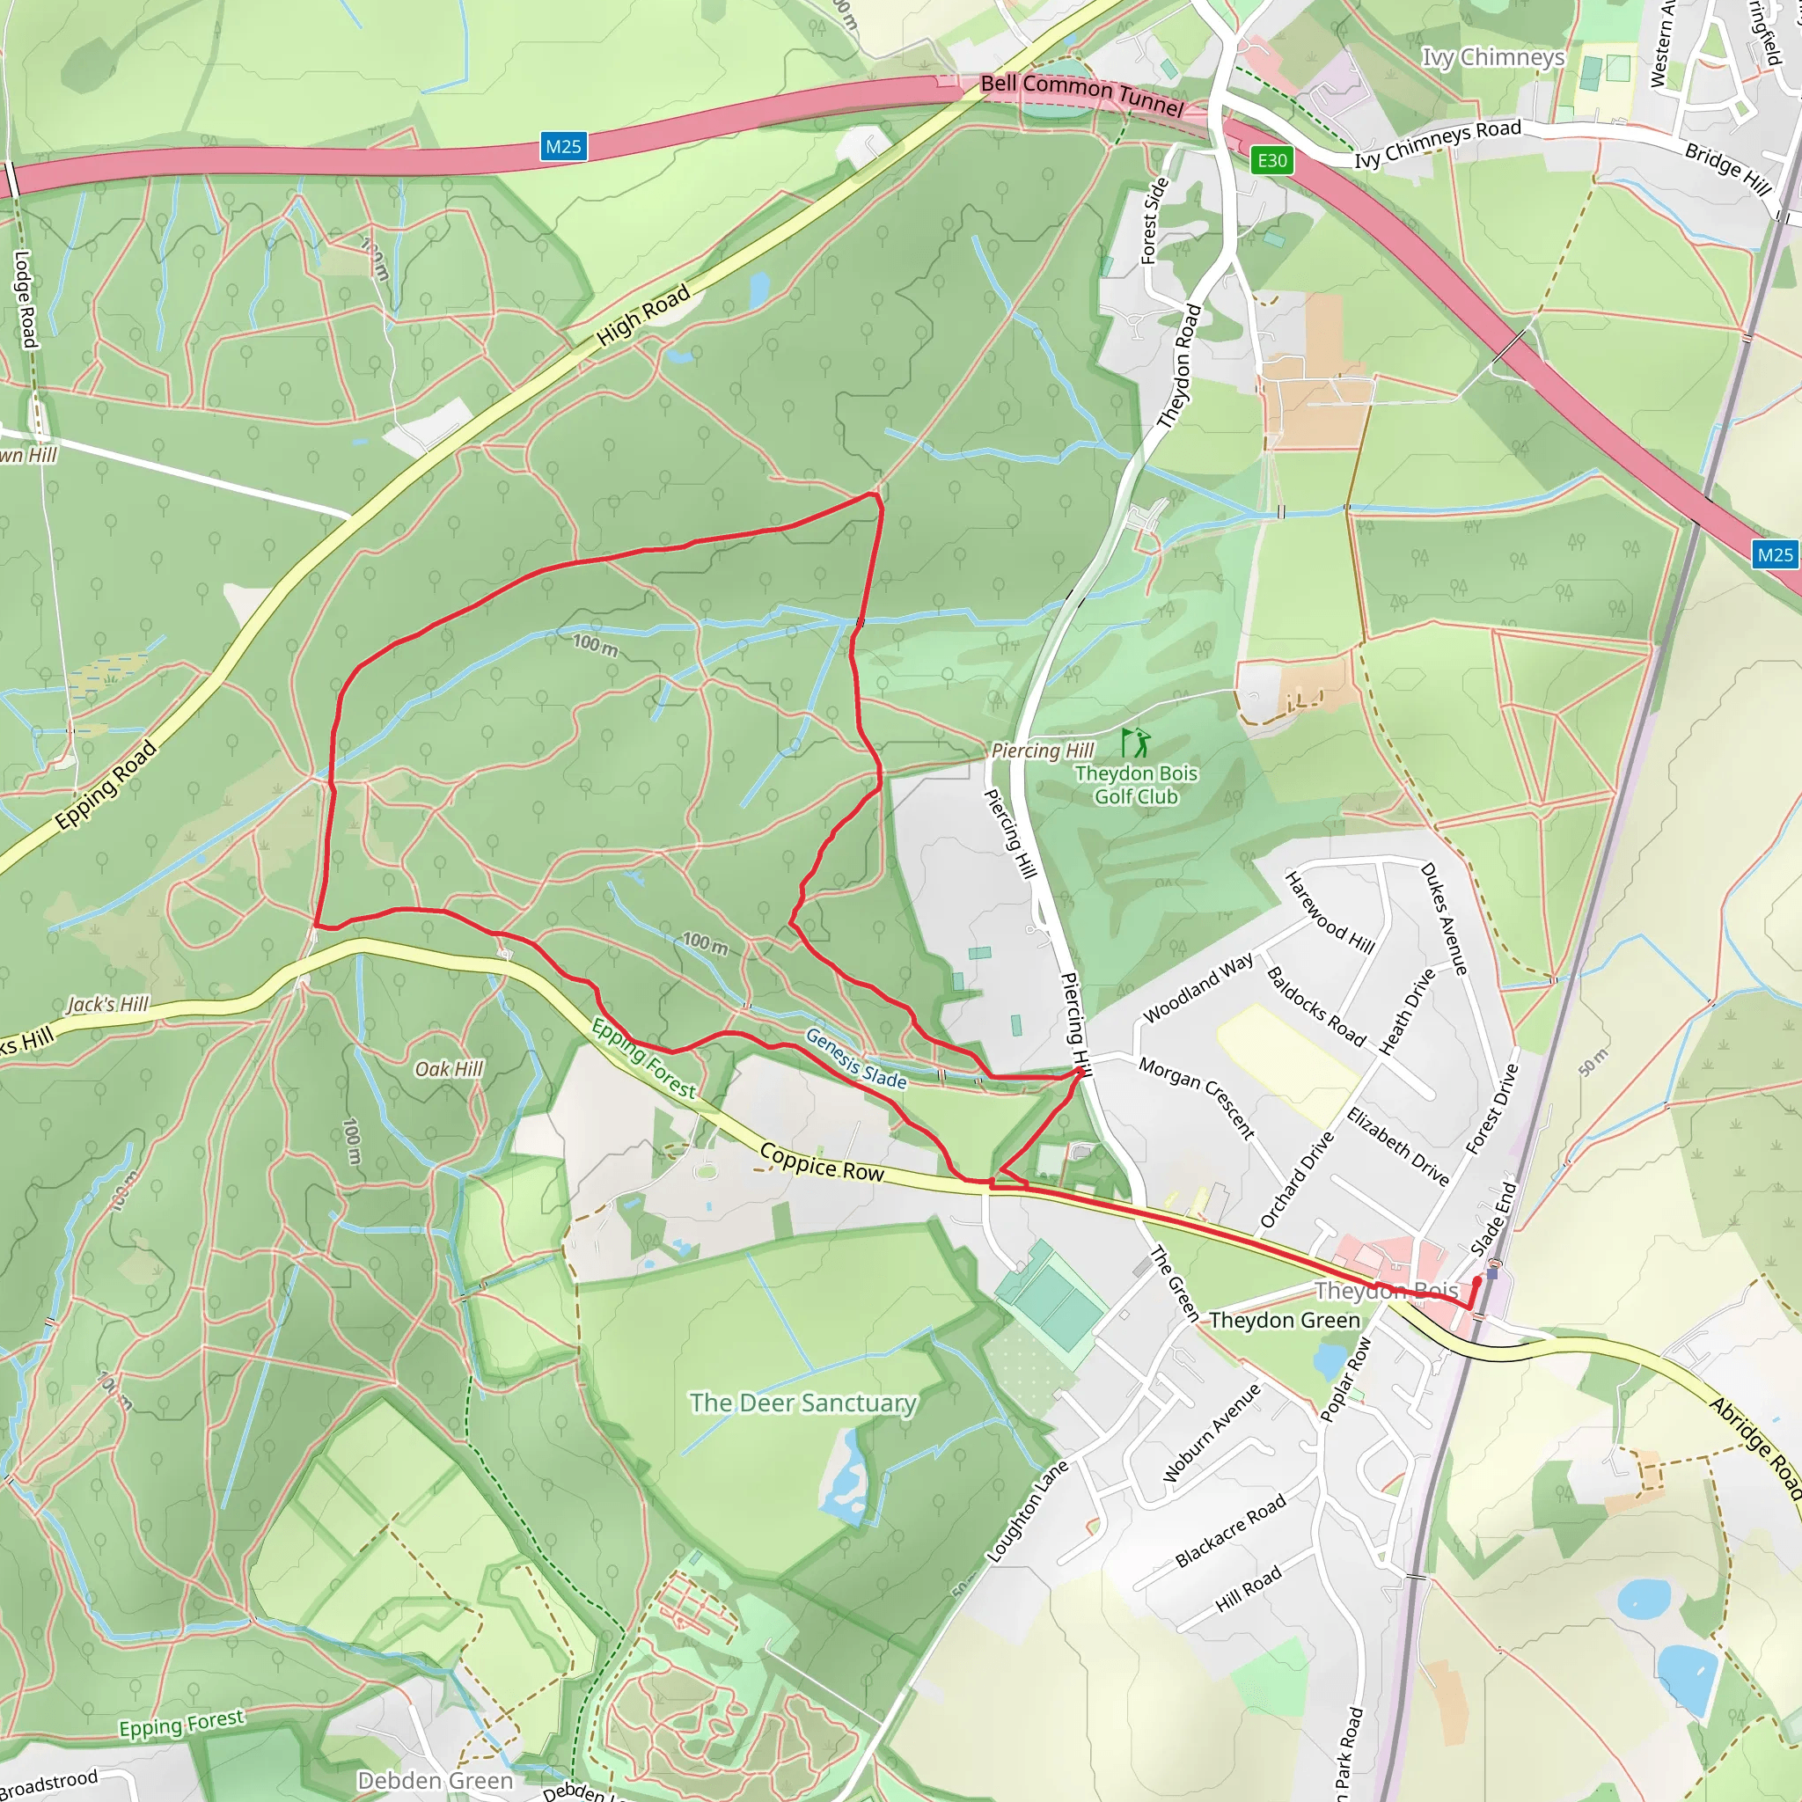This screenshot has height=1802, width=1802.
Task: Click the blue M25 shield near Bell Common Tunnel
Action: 563,146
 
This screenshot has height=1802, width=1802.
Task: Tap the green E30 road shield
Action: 1271,160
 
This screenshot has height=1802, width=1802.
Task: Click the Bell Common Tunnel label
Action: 1081,95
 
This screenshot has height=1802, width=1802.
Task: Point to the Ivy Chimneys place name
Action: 1492,58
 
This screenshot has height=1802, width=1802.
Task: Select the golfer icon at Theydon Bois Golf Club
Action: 1135,744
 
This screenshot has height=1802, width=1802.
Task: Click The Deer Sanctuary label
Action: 803,1403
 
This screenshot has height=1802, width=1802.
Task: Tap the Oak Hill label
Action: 449,1069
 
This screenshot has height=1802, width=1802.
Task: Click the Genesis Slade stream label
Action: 855,1058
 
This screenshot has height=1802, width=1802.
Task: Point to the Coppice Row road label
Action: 822,1162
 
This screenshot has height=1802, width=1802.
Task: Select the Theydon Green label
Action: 1285,1321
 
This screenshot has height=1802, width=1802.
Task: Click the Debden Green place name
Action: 435,1781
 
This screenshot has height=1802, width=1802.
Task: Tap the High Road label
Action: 643,315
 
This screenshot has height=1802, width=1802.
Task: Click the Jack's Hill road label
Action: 108,1005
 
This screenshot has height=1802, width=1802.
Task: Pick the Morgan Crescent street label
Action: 1197,1097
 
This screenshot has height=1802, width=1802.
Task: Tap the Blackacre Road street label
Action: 1230,1529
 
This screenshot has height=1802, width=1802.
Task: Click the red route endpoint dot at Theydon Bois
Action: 1476,1281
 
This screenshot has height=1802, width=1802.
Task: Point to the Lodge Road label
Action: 26,299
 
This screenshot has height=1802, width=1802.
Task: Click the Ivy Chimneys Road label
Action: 1438,143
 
